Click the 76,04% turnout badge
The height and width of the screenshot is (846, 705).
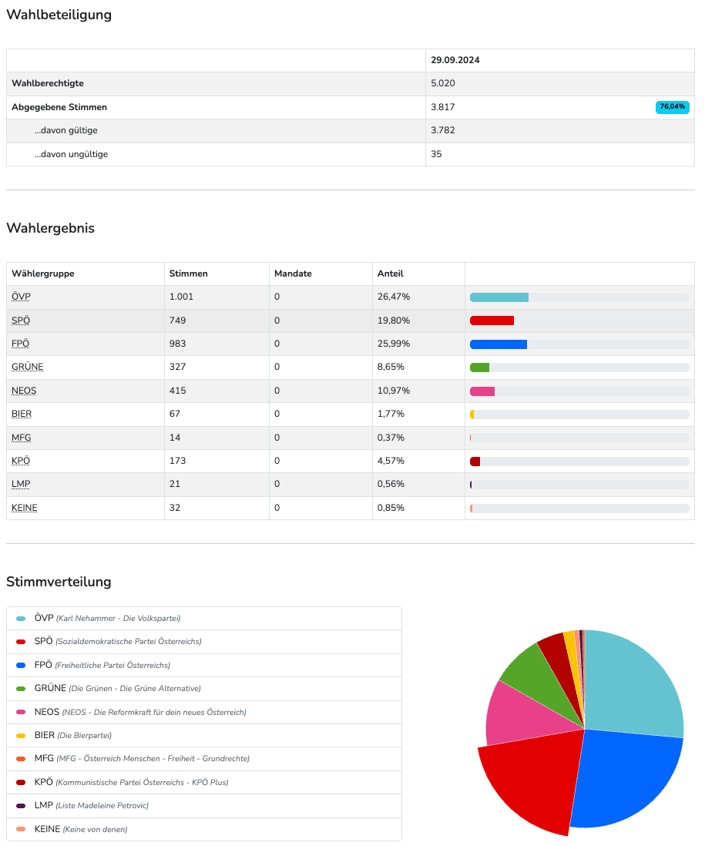point(672,107)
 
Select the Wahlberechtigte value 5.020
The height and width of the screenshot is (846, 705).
point(444,83)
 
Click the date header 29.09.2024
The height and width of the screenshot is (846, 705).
point(455,60)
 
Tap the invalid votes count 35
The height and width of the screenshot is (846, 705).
point(437,154)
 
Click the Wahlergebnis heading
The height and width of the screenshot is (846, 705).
point(50,228)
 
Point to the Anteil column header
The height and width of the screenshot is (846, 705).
point(390,274)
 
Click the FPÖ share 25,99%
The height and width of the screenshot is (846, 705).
point(393,344)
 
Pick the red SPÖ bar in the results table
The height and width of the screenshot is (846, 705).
point(492,321)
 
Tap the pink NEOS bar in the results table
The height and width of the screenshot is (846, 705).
point(482,391)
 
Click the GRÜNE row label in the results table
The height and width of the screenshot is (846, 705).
point(28,367)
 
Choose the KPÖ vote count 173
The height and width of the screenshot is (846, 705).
point(178,461)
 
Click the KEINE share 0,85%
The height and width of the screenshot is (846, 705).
point(391,508)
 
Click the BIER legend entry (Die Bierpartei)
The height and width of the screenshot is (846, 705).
point(73,735)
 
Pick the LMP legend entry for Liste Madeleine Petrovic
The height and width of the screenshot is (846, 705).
point(91,805)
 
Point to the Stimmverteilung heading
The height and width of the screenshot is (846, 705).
point(59,582)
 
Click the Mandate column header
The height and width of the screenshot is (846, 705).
point(293,274)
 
